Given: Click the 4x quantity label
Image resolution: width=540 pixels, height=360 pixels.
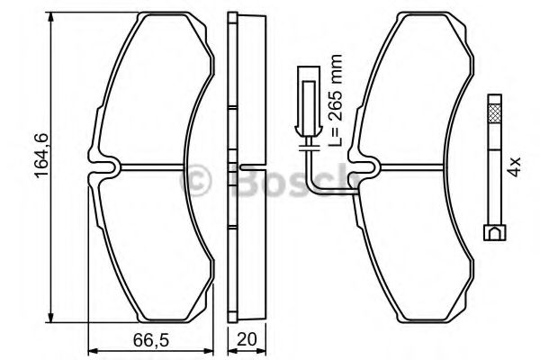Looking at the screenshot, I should point(514,164).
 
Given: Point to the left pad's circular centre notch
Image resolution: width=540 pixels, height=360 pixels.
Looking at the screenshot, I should point(107,168).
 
